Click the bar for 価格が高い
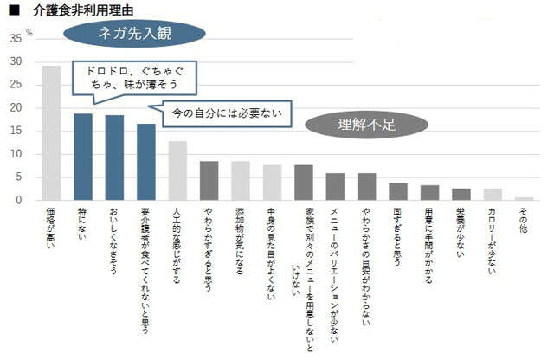click(51, 133)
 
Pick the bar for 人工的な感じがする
click(177, 170)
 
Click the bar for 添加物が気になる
click(241, 181)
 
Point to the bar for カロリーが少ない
click(493, 195)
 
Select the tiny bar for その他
click(525, 198)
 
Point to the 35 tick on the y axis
click(16, 39)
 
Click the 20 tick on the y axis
click(16, 108)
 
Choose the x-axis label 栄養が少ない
click(461, 234)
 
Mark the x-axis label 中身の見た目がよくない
click(272, 252)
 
